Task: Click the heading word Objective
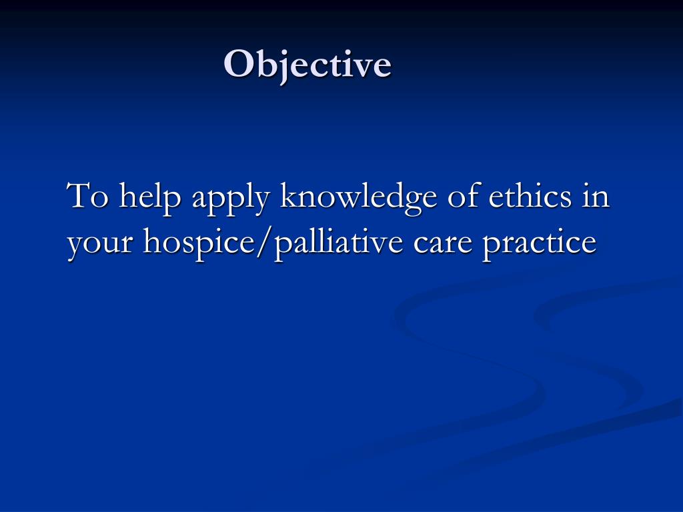307,65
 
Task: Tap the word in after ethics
596,197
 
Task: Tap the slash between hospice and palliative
255,243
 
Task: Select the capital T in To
79,197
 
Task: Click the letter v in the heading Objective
364,67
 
